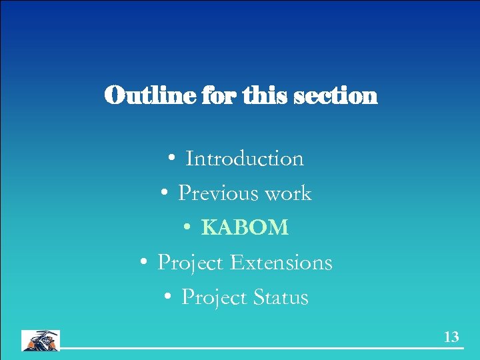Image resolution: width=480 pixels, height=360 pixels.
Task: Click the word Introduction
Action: pyautogui.click(x=245, y=159)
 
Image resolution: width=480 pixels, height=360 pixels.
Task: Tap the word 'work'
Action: pyautogui.click(x=288, y=194)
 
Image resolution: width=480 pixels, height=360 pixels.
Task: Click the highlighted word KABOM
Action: pyautogui.click(x=245, y=228)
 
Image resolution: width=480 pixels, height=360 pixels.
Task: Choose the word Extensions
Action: pyautogui.click(x=281, y=263)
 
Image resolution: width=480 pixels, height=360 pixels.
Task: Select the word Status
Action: pyautogui.click(x=280, y=297)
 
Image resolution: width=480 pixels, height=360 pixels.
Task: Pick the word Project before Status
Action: pyautogui.click(x=214, y=298)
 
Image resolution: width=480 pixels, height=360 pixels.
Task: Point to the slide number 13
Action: pyautogui.click(x=451, y=337)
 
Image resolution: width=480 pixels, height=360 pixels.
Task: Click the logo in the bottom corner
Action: pyautogui.click(x=41, y=340)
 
